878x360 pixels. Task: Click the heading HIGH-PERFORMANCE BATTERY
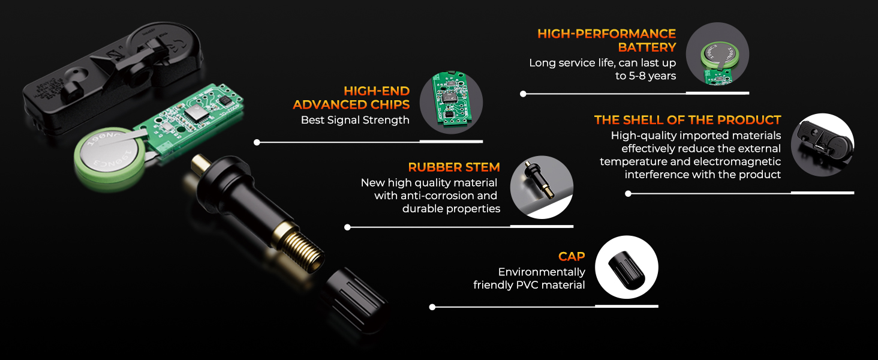(x=606, y=40)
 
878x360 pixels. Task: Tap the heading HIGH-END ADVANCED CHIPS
(x=351, y=98)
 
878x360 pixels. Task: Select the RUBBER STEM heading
(x=454, y=167)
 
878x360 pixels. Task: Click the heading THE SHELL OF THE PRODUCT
(x=687, y=120)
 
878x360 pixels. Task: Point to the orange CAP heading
(x=571, y=257)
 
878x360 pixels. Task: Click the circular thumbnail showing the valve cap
(x=627, y=267)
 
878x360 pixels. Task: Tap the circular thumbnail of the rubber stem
(x=541, y=187)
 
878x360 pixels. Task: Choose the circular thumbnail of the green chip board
(x=451, y=101)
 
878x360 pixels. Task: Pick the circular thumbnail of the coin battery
(x=717, y=53)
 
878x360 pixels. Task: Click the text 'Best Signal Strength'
(x=355, y=120)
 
